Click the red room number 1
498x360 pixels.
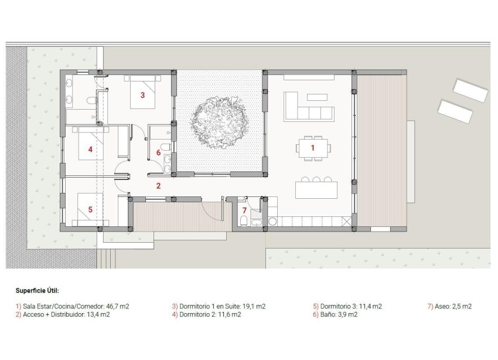[x=312, y=148]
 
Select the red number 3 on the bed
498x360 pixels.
[x=142, y=94]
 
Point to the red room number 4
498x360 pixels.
[x=90, y=150]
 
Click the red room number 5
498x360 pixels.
[x=90, y=209]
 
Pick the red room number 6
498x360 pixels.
[x=158, y=152]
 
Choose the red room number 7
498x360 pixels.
[x=244, y=210]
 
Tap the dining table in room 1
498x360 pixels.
[x=313, y=148]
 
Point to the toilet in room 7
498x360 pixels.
[x=243, y=221]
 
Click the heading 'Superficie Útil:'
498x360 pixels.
[x=37, y=290]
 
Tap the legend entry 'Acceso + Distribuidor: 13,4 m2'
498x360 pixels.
[x=63, y=315]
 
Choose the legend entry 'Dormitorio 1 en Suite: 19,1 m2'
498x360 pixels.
[x=219, y=306]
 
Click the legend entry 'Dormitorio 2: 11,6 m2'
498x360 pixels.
[x=206, y=315]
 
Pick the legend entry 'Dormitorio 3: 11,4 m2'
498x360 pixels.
[x=347, y=306]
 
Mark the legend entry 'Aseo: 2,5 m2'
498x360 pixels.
[x=450, y=306]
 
